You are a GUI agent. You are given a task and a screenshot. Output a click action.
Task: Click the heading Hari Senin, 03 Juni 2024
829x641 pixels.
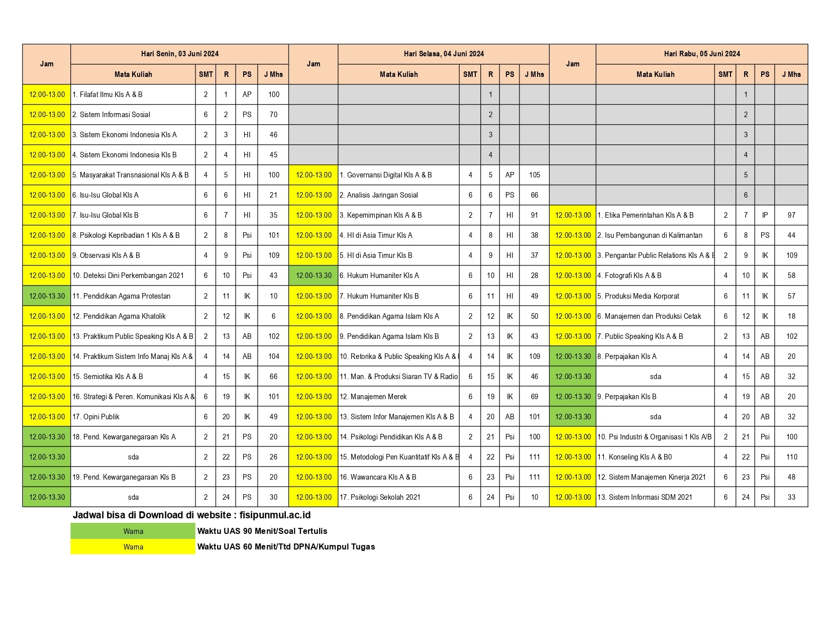tap(179, 54)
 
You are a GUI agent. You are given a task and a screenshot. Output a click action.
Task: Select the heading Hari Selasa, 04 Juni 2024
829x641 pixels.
tap(444, 54)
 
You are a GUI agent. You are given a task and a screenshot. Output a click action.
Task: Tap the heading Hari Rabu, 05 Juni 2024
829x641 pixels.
tap(701, 54)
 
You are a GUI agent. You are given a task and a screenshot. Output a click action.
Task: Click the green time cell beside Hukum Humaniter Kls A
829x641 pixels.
tap(314, 276)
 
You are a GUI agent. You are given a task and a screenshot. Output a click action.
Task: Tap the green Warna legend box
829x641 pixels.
tap(133, 531)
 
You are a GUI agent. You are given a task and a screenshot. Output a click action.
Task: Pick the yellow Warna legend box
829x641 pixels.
tap(133, 547)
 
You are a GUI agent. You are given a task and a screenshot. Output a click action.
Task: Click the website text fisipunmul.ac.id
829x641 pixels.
tap(275, 515)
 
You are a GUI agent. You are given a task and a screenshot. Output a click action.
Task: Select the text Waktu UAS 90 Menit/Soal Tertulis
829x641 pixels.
tap(262, 531)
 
